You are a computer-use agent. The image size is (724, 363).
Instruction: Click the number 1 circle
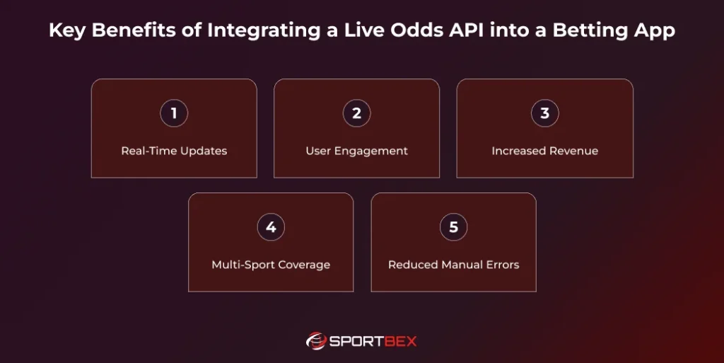click(x=174, y=113)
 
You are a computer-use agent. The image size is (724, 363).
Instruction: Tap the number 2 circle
click(x=356, y=113)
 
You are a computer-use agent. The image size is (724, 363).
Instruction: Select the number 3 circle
click(x=544, y=113)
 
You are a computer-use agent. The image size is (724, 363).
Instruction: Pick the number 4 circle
click(x=271, y=227)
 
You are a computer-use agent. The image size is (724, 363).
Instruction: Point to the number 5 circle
click(x=453, y=227)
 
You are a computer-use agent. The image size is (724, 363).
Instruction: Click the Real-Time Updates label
click(x=174, y=151)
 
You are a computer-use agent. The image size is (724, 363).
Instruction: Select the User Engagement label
click(x=356, y=151)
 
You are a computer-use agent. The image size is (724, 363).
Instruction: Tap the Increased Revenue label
click(x=544, y=151)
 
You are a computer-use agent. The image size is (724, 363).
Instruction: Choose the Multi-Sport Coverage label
click(x=271, y=265)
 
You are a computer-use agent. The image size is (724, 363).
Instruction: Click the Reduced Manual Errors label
click(x=453, y=265)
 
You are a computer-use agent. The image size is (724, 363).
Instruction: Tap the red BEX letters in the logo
click(x=400, y=341)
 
